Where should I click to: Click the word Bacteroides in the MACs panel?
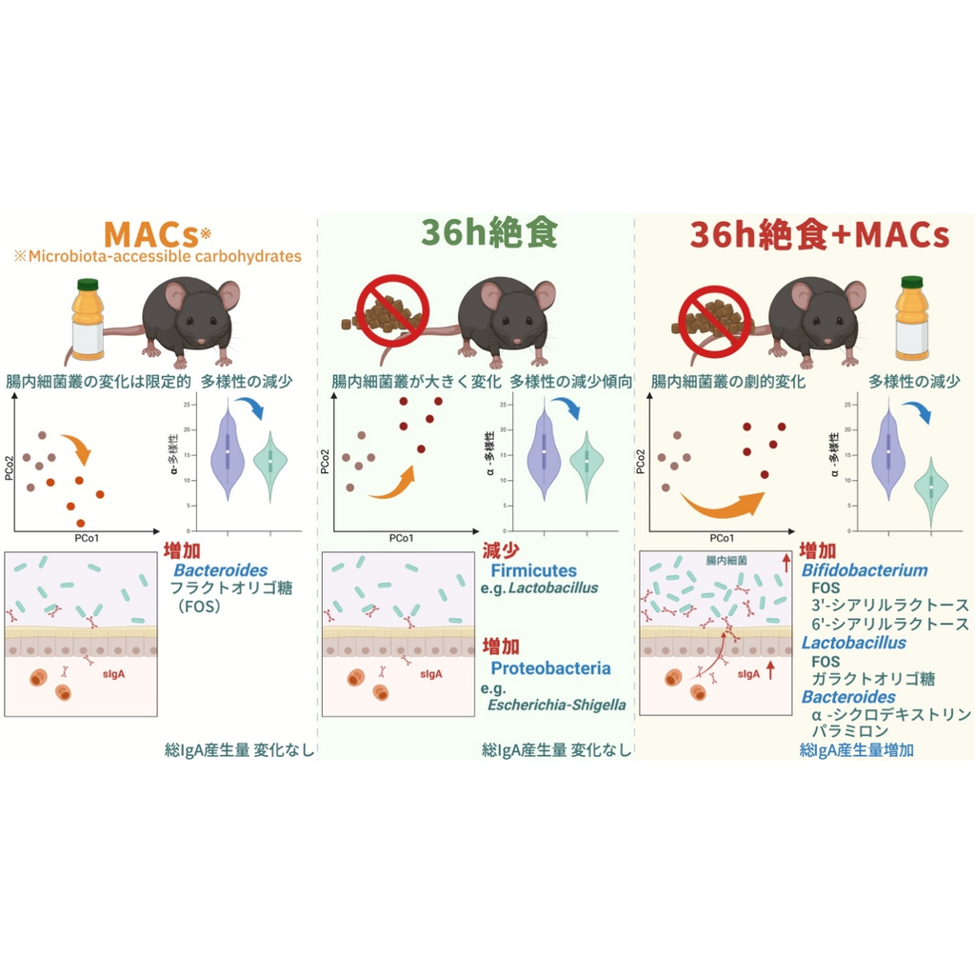point(220,569)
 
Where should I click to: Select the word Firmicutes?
point(533,570)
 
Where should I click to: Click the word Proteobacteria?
point(550,667)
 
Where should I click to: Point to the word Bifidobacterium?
point(865,570)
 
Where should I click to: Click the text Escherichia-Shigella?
point(557,705)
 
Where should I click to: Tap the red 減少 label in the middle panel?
point(501,551)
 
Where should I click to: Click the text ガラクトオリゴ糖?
point(873,679)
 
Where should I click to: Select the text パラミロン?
point(849,731)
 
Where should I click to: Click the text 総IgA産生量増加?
point(857,750)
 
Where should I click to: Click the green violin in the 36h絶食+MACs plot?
point(930,488)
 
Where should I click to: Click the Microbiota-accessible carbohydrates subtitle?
point(157,256)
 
